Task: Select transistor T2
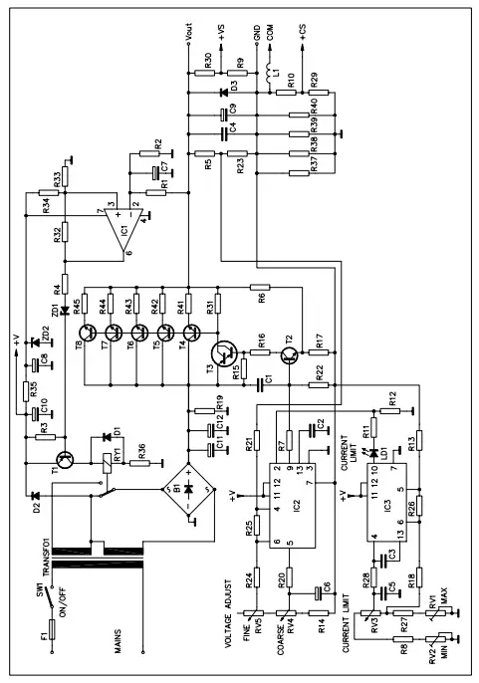click(290, 354)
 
